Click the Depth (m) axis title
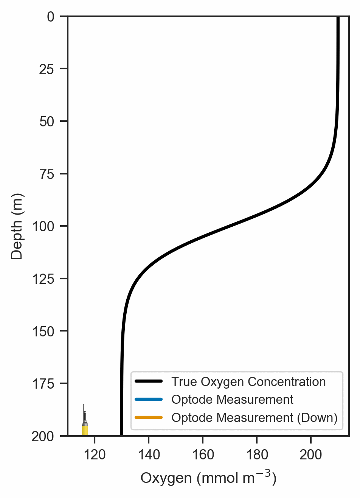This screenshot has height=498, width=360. [17, 226]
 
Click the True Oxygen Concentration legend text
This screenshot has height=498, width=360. [248, 382]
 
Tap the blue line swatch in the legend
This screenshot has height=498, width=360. [149, 400]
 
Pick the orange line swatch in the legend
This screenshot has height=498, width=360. [149, 418]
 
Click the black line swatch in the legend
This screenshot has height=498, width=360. [149, 381]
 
